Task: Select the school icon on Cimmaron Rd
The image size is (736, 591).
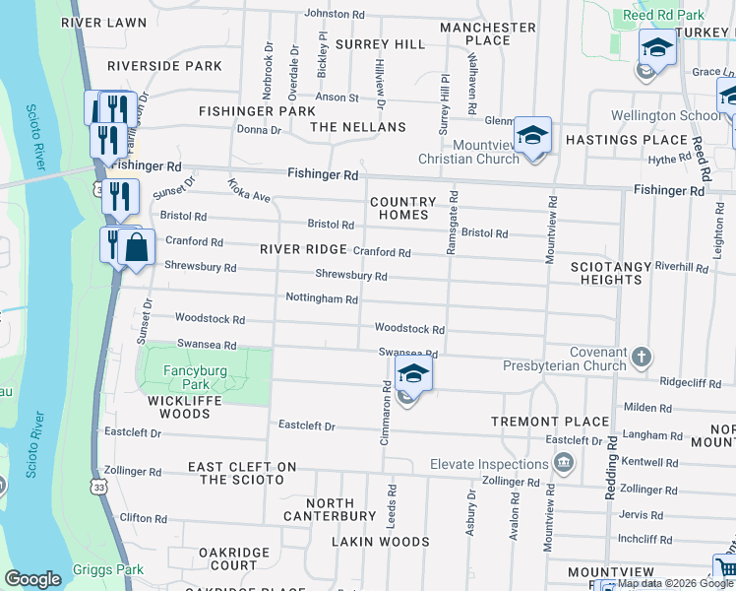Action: pyautogui.click(x=414, y=375)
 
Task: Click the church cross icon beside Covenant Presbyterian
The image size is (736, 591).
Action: pyautogui.click(x=641, y=356)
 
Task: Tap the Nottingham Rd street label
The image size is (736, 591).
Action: pyautogui.click(x=321, y=297)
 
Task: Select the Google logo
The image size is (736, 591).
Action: pyautogui.click(x=32, y=579)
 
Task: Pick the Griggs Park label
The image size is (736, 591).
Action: pyautogui.click(x=107, y=570)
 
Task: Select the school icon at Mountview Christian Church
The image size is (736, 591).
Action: pyautogui.click(x=532, y=136)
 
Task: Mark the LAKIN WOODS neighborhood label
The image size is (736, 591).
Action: pyautogui.click(x=380, y=542)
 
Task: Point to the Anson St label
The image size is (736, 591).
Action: pyautogui.click(x=337, y=98)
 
